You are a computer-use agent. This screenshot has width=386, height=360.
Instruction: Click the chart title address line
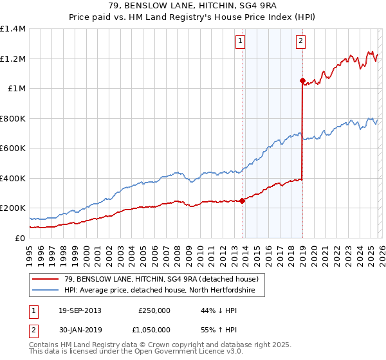(x=193, y=6)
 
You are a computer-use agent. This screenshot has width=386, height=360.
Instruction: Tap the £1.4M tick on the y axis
(x=13, y=29)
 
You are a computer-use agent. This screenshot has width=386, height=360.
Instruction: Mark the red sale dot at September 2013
(x=242, y=201)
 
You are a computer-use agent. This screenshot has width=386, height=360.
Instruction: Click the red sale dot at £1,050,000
(x=302, y=81)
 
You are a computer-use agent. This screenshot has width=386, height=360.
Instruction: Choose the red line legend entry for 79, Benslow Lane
(x=161, y=279)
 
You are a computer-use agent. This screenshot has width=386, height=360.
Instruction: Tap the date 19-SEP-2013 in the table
(x=80, y=310)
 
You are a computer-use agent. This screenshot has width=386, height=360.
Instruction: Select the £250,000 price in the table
(x=154, y=310)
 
